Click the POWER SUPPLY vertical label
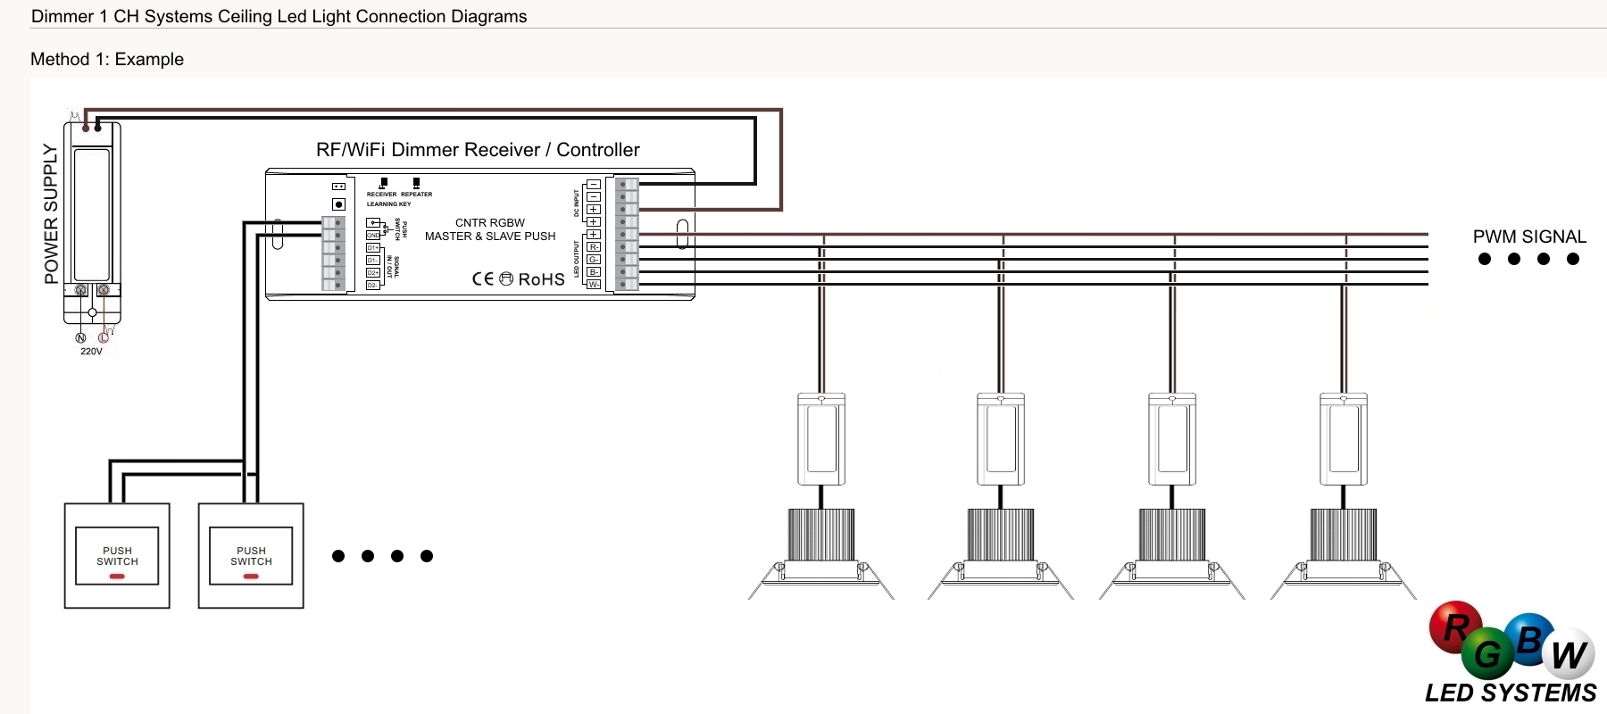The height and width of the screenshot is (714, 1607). (x=51, y=214)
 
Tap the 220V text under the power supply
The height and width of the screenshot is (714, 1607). (x=91, y=352)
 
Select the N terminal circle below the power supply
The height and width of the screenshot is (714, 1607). (x=80, y=337)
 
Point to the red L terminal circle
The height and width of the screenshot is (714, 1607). (x=104, y=337)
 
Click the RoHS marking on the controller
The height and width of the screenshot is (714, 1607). (x=541, y=279)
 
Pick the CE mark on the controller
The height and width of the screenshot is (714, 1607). (x=483, y=278)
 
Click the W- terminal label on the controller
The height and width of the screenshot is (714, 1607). (x=594, y=285)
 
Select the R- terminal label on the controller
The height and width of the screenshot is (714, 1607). (x=594, y=247)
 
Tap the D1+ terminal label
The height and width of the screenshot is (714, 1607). (x=373, y=248)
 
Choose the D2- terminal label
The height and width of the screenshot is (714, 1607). (x=373, y=286)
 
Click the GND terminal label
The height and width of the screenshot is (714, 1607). (x=373, y=235)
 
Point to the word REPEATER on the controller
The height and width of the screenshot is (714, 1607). (x=416, y=194)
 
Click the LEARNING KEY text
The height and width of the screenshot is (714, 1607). (x=388, y=204)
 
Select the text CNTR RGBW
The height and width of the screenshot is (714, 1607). (x=490, y=223)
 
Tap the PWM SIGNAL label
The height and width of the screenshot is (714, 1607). (x=1529, y=237)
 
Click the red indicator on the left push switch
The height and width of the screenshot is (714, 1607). (x=117, y=577)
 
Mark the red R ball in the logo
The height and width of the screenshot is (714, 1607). (x=1455, y=627)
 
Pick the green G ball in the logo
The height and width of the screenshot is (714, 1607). (x=1487, y=654)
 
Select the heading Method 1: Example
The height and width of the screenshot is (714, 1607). (x=107, y=59)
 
